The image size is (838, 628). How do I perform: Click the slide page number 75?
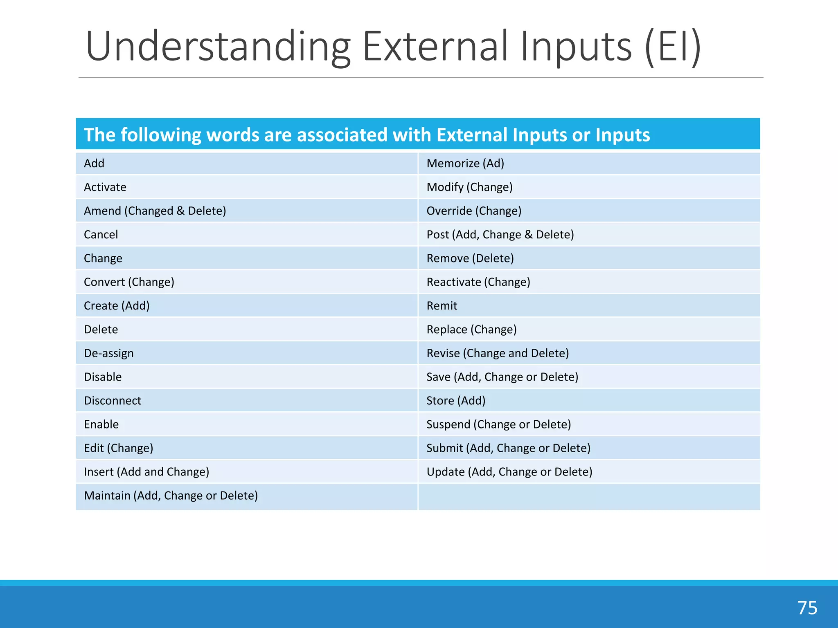click(x=807, y=608)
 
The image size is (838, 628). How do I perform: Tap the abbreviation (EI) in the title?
click(x=673, y=47)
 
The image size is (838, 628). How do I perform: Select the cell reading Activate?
click(x=105, y=187)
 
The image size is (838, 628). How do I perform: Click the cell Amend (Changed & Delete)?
click(x=155, y=211)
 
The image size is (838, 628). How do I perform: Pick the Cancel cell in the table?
click(x=101, y=235)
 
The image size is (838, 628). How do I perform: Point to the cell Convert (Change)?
click(x=129, y=282)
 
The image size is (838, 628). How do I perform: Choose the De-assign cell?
click(x=109, y=353)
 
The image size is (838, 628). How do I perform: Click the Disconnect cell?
click(x=113, y=401)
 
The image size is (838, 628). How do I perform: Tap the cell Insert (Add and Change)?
click(x=146, y=472)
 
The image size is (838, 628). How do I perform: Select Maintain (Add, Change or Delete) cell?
click(x=171, y=496)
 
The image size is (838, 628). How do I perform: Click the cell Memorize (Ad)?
click(x=465, y=164)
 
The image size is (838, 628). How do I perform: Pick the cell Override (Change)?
click(x=474, y=211)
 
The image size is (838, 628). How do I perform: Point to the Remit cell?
click(x=442, y=306)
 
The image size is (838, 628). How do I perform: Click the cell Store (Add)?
click(x=456, y=401)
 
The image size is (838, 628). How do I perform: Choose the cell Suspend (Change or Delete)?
click(x=498, y=424)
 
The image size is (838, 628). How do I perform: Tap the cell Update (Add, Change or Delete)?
click(x=509, y=472)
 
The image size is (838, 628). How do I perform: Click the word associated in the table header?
click(x=342, y=135)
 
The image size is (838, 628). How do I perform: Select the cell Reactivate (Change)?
click(x=478, y=282)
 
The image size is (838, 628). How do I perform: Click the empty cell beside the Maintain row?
click(x=589, y=496)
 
